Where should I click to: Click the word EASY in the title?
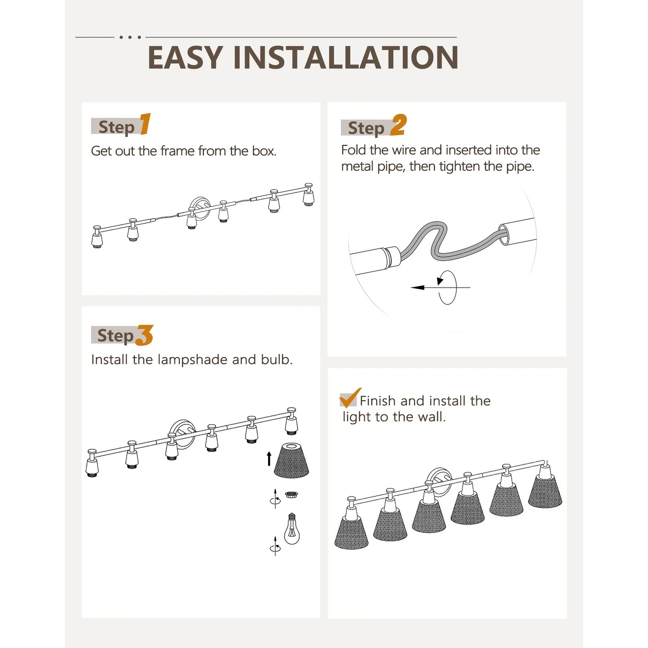point(185,58)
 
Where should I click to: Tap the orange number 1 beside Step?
point(145,124)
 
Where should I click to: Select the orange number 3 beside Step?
point(145,335)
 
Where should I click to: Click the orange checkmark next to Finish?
point(350,398)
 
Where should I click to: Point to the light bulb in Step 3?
point(292,529)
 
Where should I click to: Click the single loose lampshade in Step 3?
point(292,460)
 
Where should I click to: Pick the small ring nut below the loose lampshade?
point(291,495)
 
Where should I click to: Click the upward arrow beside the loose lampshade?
point(269,459)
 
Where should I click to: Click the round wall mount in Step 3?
point(183,435)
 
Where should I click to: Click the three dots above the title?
point(130,37)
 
